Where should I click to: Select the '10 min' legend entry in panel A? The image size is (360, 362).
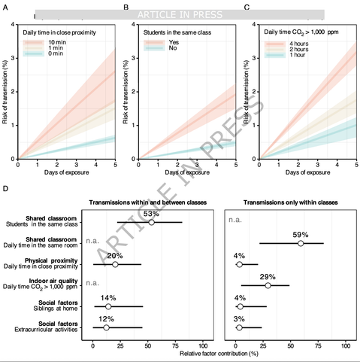tap(53, 43)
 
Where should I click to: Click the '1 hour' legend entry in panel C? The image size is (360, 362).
tap(294, 56)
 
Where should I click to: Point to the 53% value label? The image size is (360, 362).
tap(151, 214)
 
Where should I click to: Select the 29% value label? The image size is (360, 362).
tap(268, 277)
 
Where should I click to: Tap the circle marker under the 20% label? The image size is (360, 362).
tap(115, 264)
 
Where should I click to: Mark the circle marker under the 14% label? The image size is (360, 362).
tap(108, 306)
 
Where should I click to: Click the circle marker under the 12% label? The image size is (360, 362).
tap(106, 327)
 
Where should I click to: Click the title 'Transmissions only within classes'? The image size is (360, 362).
tap(289, 202)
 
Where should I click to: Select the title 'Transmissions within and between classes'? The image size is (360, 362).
tap(147, 202)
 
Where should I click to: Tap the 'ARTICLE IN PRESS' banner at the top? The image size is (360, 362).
tap(179, 14)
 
